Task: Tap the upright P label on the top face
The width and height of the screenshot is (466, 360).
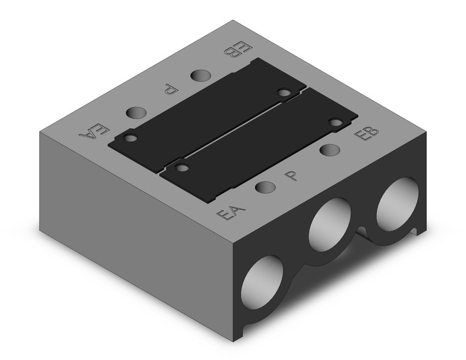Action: click(294, 177)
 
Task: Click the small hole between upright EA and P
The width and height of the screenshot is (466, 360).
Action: click(264, 188)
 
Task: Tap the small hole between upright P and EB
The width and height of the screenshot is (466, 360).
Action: click(330, 150)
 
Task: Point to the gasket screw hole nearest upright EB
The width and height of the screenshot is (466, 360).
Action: click(335, 122)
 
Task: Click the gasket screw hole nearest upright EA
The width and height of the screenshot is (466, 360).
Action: click(180, 166)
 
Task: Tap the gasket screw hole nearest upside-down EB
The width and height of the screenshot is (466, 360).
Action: click(283, 93)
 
